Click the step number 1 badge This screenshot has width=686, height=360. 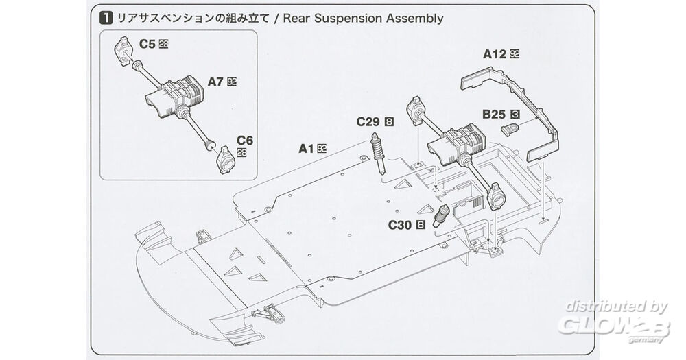tap(106, 19)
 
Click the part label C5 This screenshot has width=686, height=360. tap(147, 44)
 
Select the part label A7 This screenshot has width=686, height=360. tap(216, 81)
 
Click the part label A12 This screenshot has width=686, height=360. tap(495, 53)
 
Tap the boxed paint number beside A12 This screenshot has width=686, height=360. tap(514, 53)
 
